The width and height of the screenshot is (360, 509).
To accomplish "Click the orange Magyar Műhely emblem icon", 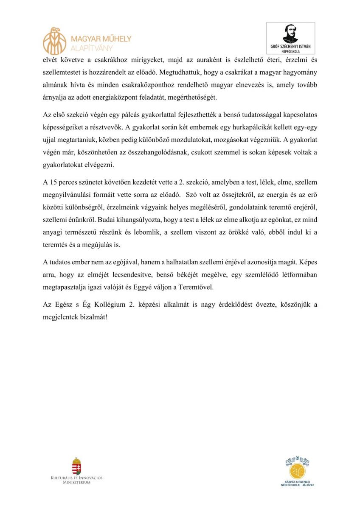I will tap(55, 40).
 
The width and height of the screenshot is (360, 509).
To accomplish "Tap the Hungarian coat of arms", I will tap(76, 466).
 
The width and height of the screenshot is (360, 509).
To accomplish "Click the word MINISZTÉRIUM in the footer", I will tap(76, 483).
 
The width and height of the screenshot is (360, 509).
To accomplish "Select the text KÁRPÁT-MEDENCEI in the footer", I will tap(297, 482).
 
